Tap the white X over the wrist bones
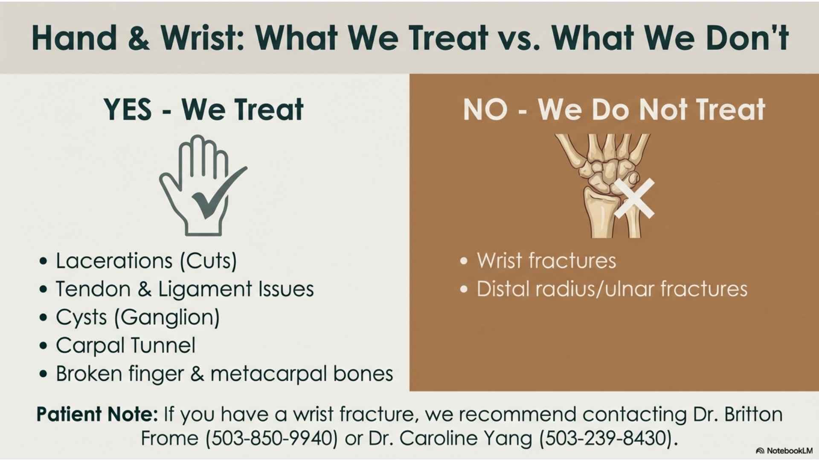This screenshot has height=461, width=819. pyautogui.click(x=634, y=198)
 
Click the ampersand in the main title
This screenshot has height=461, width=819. pyautogui.click(x=139, y=38)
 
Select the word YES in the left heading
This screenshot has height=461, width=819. pyautogui.click(x=128, y=109)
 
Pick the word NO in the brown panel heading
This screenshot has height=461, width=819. pyautogui.click(x=485, y=109)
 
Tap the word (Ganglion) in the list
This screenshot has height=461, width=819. pyautogui.click(x=167, y=318)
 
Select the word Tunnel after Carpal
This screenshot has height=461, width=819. pyautogui.click(x=163, y=345)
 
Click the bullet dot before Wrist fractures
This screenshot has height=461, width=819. pyautogui.click(x=464, y=261)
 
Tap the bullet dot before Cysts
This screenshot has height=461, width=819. pyautogui.click(x=43, y=318)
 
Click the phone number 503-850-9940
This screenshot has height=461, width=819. pyautogui.click(x=272, y=438)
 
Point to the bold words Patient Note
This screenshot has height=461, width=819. pyautogui.click(x=97, y=414)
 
